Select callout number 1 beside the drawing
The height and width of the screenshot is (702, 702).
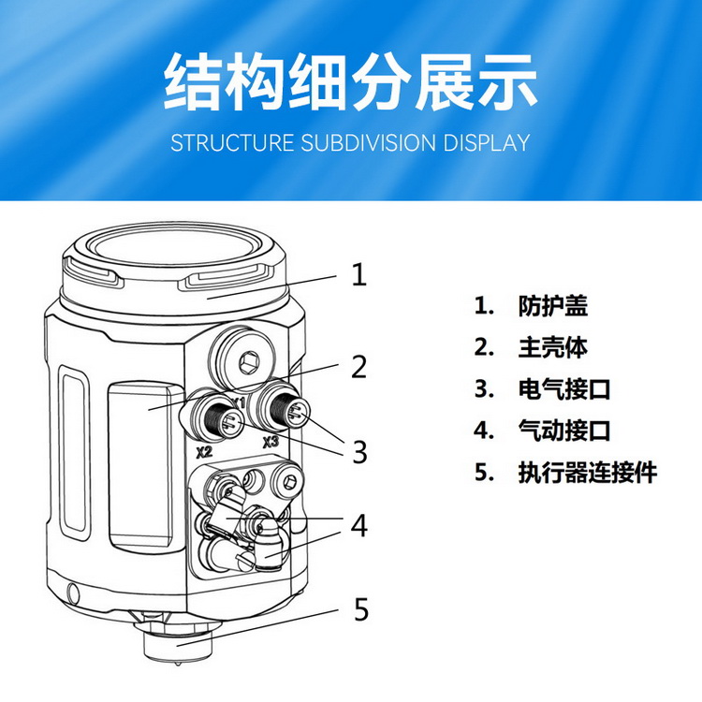(359, 274)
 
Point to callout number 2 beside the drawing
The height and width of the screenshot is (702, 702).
(359, 366)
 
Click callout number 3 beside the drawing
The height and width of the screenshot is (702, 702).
(359, 452)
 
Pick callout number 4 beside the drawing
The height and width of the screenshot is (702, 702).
(359, 526)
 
